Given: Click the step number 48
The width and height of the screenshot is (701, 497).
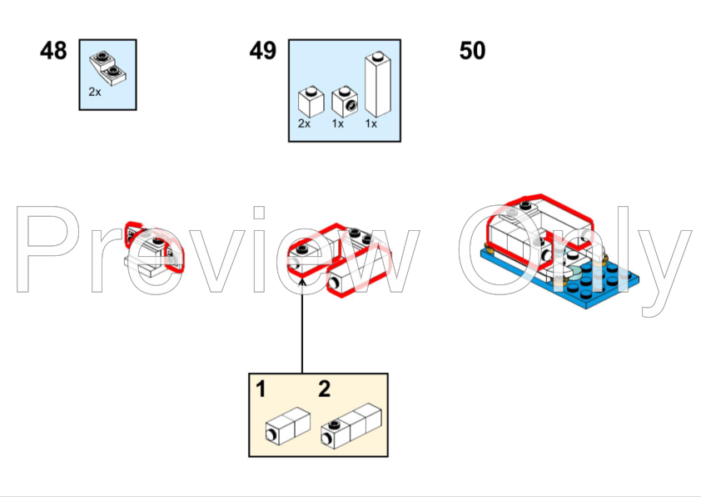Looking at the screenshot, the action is click(53, 51).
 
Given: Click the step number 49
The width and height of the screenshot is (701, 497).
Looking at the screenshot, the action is click(263, 51).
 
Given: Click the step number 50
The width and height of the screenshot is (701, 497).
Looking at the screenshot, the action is click(472, 51).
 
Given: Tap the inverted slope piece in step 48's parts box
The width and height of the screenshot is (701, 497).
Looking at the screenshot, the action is click(107, 68).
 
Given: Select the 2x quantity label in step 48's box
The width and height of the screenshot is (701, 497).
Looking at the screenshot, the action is click(95, 92).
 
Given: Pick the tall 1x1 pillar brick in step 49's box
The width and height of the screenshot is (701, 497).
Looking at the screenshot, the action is click(378, 84).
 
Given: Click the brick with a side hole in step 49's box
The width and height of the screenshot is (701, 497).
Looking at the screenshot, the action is click(345, 102).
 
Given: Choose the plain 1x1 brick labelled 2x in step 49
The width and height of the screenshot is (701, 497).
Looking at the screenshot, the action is click(311, 102).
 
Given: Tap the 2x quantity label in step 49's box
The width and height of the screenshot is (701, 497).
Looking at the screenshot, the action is click(304, 123).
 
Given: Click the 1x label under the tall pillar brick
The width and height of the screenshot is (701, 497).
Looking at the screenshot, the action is click(371, 123).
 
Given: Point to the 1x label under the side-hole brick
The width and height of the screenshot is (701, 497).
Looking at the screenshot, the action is click(337, 123).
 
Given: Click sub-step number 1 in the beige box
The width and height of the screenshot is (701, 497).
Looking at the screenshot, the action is click(261, 389).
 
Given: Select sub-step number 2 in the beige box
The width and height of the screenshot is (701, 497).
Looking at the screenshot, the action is click(325, 389).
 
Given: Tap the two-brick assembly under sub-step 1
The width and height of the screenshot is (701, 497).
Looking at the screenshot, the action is click(288, 426).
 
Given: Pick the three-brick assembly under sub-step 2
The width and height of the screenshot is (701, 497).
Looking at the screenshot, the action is click(351, 426).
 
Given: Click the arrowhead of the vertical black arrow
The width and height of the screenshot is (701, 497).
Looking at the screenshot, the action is click(302, 281).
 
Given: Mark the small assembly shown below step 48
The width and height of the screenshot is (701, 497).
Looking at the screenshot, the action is click(154, 249).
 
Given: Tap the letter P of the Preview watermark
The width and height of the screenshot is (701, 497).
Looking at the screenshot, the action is click(48, 249).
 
